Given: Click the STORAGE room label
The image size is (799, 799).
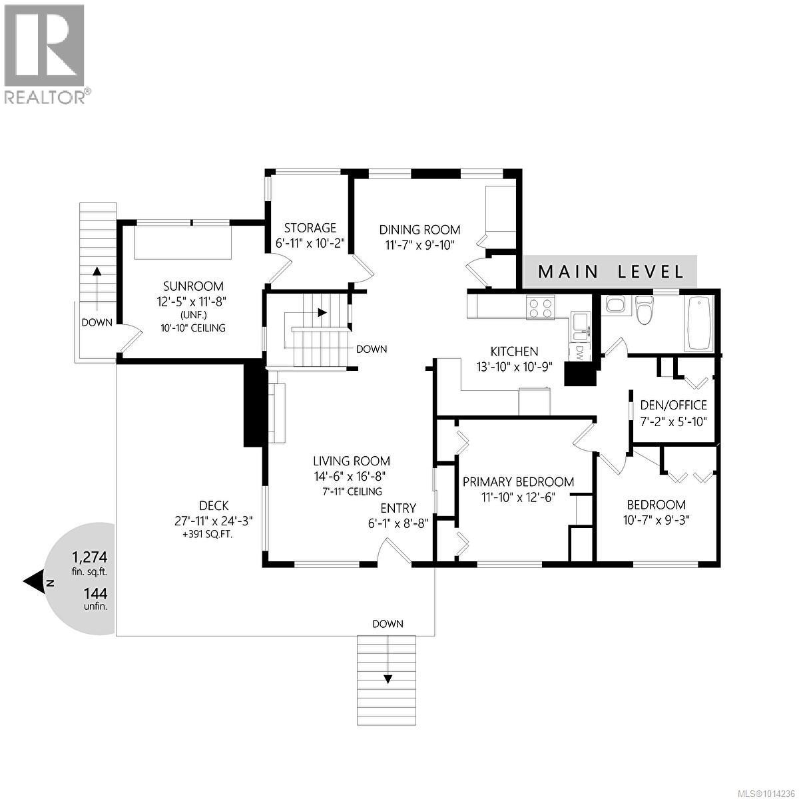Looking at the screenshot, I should click(310, 228).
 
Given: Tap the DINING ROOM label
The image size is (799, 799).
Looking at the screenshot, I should click(419, 230).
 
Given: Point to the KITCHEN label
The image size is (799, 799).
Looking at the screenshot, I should click(514, 352).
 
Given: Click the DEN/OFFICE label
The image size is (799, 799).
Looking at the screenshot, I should click(673, 405).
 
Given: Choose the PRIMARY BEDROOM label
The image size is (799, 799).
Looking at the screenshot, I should click(518, 482).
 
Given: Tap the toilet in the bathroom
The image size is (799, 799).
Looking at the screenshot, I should click(644, 310).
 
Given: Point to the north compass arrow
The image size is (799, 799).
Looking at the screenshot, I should click(33, 582).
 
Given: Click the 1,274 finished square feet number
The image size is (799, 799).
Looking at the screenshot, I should click(89, 557).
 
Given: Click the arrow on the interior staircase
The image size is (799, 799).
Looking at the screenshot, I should click(322, 312).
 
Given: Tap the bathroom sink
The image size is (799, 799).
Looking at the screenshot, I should click(613, 306).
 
